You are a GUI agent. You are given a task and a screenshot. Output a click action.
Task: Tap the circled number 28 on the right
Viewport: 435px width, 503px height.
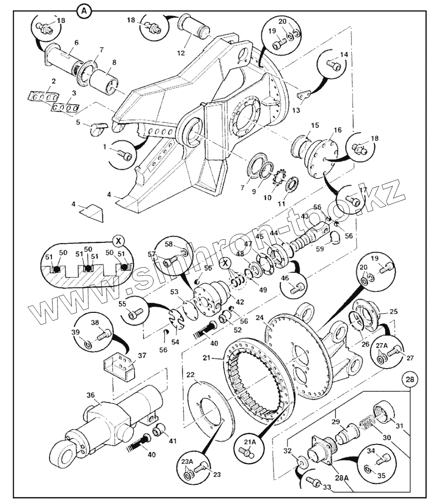tap(410, 379)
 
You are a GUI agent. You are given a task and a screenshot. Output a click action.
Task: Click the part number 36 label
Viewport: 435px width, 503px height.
tap(91, 395)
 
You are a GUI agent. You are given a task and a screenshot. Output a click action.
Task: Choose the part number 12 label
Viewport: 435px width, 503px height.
tap(181, 53)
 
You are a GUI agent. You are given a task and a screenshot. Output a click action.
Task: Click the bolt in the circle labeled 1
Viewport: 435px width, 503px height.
tap(126, 155)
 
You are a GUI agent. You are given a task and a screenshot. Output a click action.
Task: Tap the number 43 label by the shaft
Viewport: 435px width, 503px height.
tap(305, 216)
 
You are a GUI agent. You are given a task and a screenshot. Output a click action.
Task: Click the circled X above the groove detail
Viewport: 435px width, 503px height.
tap(118, 241)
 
